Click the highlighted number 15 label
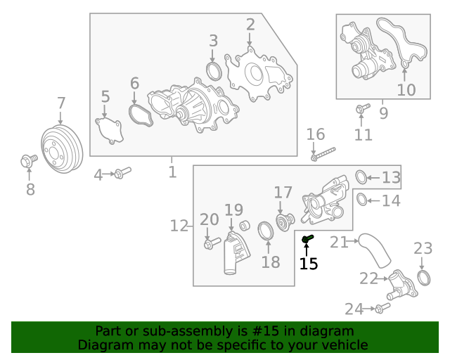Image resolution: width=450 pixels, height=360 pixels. [309, 264]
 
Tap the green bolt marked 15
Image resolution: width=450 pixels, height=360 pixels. [307, 240]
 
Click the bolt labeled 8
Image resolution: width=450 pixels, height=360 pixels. [27, 162]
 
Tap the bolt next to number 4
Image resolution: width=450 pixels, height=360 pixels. [122, 172]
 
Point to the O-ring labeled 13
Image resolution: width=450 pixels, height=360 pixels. [359, 176]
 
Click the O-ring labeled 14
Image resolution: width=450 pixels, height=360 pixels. [359, 200]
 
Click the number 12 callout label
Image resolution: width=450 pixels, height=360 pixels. [179, 226]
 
